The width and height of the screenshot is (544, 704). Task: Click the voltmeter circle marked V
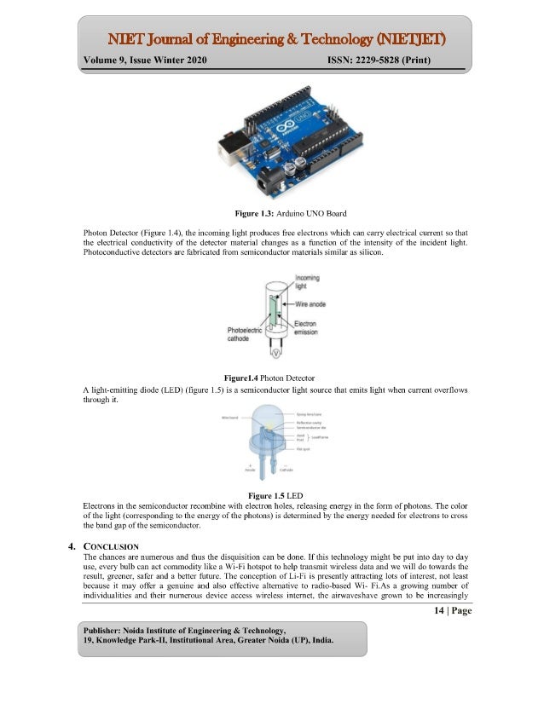pyautogui.click(x=275, y=351)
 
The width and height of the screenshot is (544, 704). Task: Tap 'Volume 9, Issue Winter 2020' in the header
pyautogui.click(x=145, y=61)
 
